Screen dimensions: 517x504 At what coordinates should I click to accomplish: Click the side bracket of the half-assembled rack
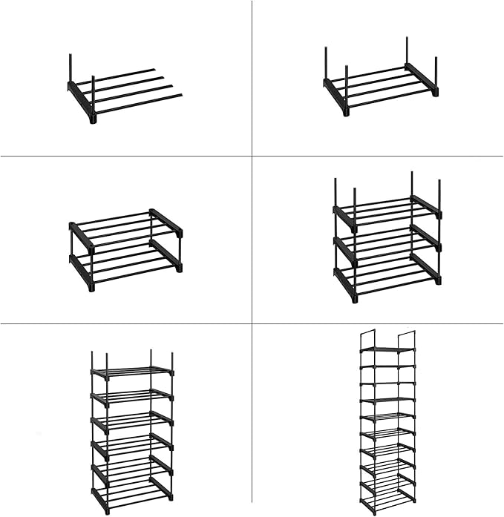(81, 101)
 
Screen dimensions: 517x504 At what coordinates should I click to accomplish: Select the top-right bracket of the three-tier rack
(426, 207)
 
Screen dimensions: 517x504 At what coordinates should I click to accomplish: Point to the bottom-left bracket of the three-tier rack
(345, 283)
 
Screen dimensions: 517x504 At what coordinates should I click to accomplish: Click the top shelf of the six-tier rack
(132, 371)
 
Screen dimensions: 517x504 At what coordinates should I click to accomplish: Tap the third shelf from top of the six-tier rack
(132, 421)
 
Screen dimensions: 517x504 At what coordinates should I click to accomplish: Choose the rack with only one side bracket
(122, 90)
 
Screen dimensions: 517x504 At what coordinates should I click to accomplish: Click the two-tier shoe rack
(125, 248)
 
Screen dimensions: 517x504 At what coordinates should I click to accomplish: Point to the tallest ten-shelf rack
(387, 423)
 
